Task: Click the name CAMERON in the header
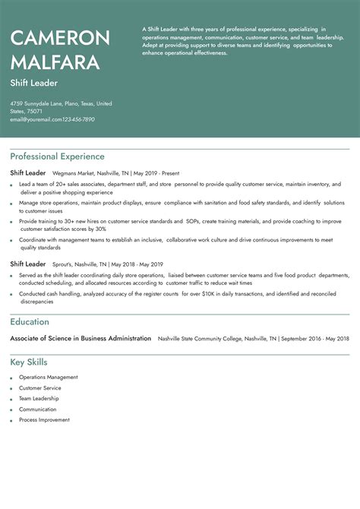coord(60,37)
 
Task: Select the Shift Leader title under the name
coord(34,82)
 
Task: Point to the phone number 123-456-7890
coord(79,119)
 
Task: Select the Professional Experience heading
coord(57,156)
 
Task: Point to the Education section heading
coord(30,322)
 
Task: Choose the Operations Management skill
coord(49,377)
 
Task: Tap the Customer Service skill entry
coord(39,387)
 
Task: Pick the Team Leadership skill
coord(39,398)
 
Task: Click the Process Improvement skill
coord(44,419)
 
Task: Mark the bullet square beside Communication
coord(11,409)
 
